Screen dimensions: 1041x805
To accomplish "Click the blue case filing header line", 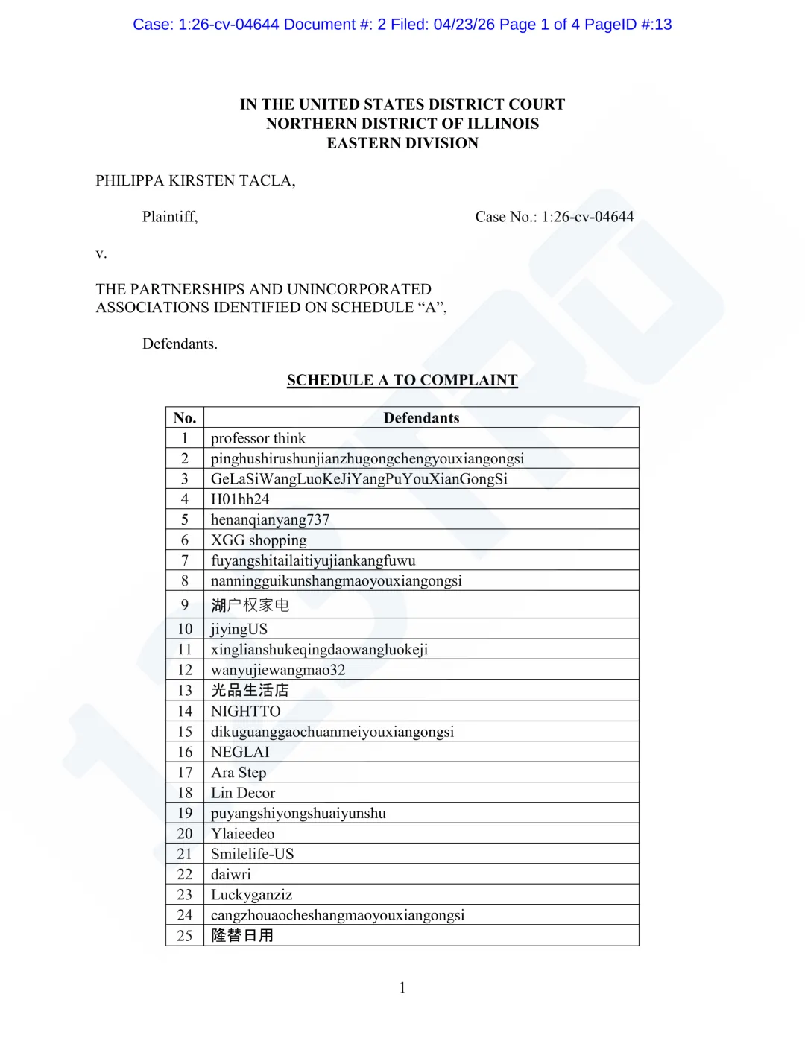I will [402, 25].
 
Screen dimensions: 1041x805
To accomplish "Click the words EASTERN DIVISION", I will [402, 143].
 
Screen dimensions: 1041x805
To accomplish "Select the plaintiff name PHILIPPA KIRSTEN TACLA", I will [195, 181].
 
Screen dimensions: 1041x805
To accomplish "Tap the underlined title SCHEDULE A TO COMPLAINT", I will [402, 380].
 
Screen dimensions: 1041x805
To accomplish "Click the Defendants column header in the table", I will [421, 418].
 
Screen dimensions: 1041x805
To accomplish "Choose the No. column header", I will [185, 418].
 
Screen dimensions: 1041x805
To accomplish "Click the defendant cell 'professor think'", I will [258, 438].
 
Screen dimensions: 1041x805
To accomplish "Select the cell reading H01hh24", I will [240, 499].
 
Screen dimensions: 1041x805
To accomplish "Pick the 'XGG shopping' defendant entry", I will [259, 540].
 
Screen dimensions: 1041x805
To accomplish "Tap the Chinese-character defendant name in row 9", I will [250, 605].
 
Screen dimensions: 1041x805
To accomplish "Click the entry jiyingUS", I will [239, 630].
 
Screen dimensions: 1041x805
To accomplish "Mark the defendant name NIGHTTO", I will [245, 712].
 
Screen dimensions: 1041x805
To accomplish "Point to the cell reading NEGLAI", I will [240, 753].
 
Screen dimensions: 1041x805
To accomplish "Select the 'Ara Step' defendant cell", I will [239, 773].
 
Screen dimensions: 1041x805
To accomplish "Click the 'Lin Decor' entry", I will [243, 793].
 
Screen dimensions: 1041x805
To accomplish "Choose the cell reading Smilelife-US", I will [252, 854].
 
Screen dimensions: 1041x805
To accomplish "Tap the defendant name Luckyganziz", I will [251, 895].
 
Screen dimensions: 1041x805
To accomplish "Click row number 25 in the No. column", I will [185, 936].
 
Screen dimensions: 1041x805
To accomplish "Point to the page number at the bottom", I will [402, 988].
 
